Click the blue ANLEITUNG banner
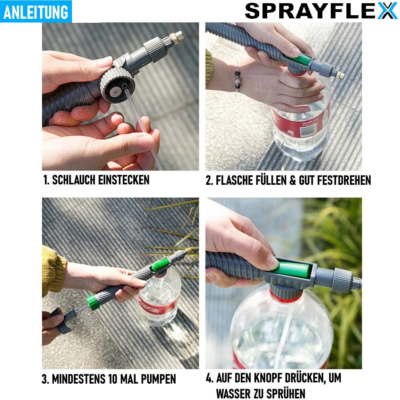pyautogui.click(x=36, y=12)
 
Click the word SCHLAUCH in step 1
pyautogui.click(x=74, y=180)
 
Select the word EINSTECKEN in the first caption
pyautogui.click(x=124, y=180)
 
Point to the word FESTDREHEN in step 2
pyautogui.click(x=344, y=180)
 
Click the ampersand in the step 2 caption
pyautogui.click(x=293, y=180)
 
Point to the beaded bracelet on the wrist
pyautogui.click(x=238, y=78)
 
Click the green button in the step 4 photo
pyautogui.click(x=293, y=268)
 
